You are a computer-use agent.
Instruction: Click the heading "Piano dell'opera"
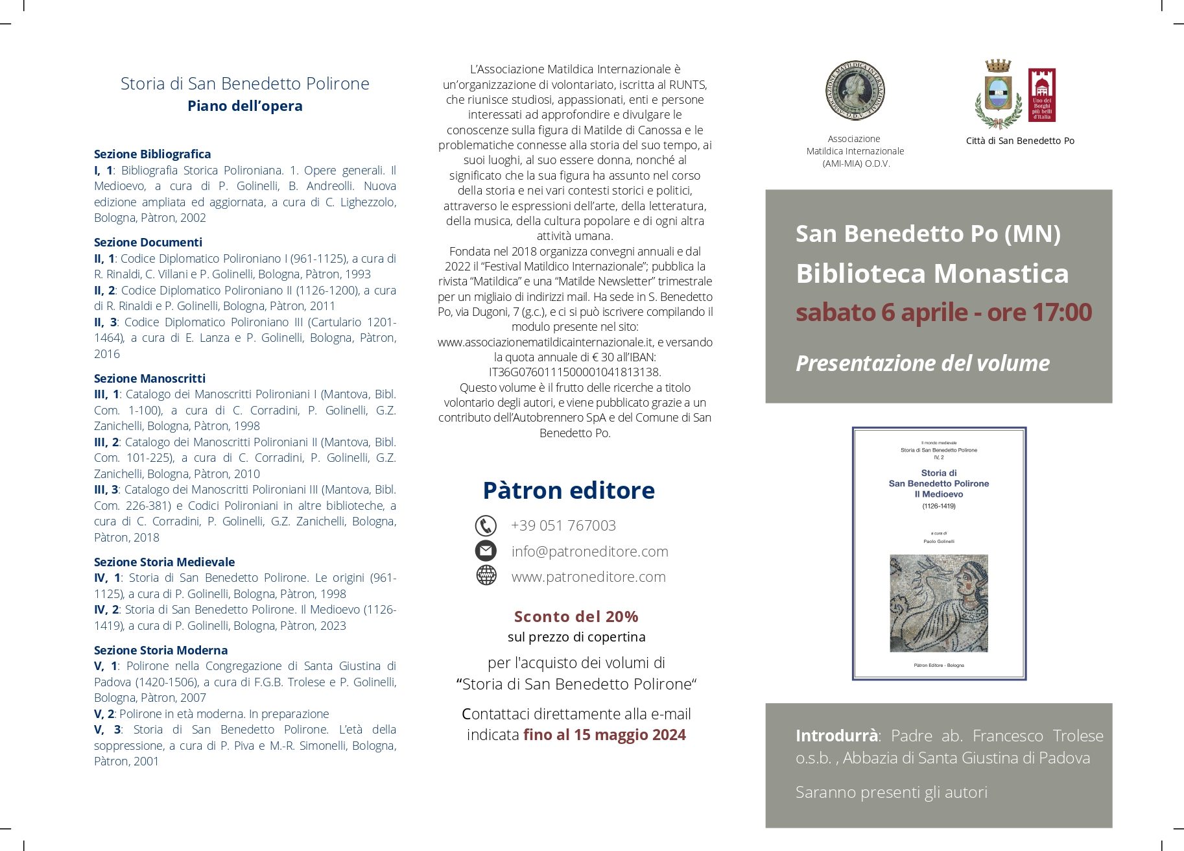click(244, 106)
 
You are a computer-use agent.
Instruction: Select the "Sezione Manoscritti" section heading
click(149, 378)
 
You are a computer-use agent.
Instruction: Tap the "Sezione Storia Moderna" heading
click(160, 650)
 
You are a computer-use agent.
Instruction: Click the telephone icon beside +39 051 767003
click(486, 525)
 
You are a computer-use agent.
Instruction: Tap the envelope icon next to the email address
click(486, 551)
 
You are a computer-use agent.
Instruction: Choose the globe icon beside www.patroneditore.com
click(486, 576)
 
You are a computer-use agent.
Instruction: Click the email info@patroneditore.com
click(589, 551)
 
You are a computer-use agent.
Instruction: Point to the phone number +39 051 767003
click(563, 525)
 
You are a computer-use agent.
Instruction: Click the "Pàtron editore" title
click(569, 490)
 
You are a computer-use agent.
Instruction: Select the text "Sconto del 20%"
click(576, 616)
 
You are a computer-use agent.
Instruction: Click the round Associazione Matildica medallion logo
click(855, 91)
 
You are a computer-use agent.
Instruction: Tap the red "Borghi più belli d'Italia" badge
click(1042, 95)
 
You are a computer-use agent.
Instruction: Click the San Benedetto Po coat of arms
click(997, 95)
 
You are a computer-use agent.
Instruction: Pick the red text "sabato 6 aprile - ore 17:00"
click(943, 313)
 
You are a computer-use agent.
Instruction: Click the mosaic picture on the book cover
click(938, 603)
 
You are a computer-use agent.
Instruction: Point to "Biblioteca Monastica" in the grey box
click(932, 274)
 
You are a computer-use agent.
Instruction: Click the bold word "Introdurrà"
click(836, 736)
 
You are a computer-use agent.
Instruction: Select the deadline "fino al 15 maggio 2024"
click(604, 735)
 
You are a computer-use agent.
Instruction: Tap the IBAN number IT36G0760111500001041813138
click(574, 372)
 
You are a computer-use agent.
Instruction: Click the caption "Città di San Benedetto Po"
click(1019, 141)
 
